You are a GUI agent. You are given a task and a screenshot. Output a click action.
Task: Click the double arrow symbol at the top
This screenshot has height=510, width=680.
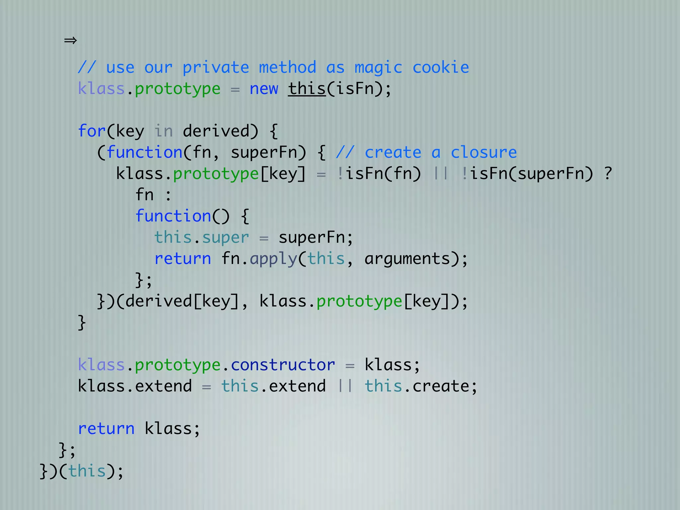[70, 41]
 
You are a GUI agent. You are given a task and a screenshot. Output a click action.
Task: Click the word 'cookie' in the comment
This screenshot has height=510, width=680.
[441, 68]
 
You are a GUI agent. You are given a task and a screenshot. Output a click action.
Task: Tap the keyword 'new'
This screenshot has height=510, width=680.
[264, 89]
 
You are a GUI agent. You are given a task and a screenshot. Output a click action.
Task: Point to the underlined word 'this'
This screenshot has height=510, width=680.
[307, 89]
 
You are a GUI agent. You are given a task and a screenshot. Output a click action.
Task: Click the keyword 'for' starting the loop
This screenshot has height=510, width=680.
[92, 131]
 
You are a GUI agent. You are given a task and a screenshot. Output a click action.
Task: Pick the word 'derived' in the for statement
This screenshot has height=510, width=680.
[220, 131]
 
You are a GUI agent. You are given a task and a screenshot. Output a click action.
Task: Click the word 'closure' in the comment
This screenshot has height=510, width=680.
[483, 152]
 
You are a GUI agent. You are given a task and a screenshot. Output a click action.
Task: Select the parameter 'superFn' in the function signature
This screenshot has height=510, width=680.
[268, 152]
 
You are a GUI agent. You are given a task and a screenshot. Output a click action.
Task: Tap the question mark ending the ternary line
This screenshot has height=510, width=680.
[608, 173]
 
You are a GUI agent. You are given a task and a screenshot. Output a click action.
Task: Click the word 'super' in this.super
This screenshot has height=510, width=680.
[225, 238]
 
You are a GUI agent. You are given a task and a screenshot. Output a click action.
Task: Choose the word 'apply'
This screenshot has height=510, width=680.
[273, 259]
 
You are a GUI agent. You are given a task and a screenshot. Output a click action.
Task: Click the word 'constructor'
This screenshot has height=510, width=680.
[283, 365]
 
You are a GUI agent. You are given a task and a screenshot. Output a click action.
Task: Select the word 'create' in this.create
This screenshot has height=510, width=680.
[441, 386]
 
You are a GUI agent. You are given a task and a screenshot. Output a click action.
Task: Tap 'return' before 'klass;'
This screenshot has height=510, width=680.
[106, 429]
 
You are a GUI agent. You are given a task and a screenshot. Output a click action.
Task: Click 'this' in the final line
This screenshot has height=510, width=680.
[87, 471]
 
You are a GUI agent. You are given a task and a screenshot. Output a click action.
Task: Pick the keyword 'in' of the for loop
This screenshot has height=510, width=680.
[163, 131]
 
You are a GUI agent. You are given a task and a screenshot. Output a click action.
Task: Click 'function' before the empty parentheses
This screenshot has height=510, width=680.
[173, 216]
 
